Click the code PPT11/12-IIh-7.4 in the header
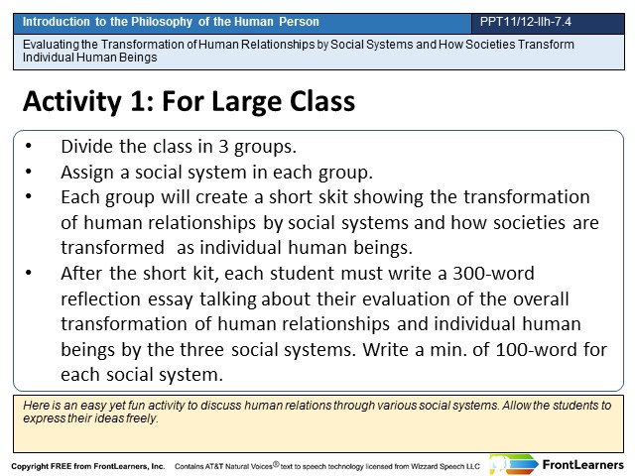coord(525,22)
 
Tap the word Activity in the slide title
coord(72,101)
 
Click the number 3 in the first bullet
coord(223,147)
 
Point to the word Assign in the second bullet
coord(87,173)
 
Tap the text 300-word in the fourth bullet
coord(494,274)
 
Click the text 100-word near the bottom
coord(536,350)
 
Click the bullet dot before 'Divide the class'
coord(29,146)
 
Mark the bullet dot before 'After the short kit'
coord(29,273)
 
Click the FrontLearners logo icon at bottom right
coord(513,464)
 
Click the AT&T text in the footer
coord(214,466)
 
